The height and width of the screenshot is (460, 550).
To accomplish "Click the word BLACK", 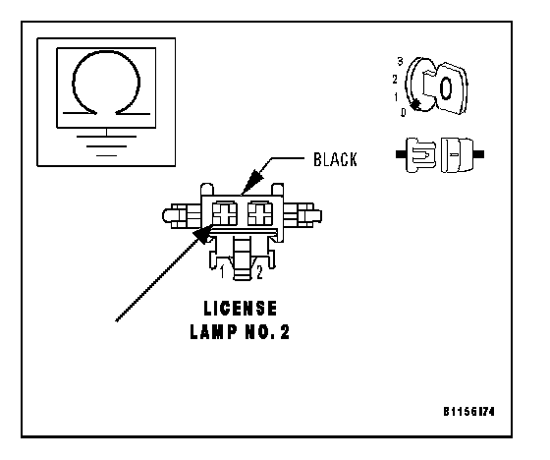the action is [335, 159].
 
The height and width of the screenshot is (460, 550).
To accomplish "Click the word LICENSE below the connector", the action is [241, 309].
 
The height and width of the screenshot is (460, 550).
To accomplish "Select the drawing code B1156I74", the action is [469, 411].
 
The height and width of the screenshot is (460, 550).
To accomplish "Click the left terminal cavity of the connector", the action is [225, 213].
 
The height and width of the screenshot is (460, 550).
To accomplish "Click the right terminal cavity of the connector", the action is [260, 213].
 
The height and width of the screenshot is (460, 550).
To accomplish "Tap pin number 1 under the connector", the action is [222, 272].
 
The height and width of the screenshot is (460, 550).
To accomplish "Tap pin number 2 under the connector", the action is [259, 272].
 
